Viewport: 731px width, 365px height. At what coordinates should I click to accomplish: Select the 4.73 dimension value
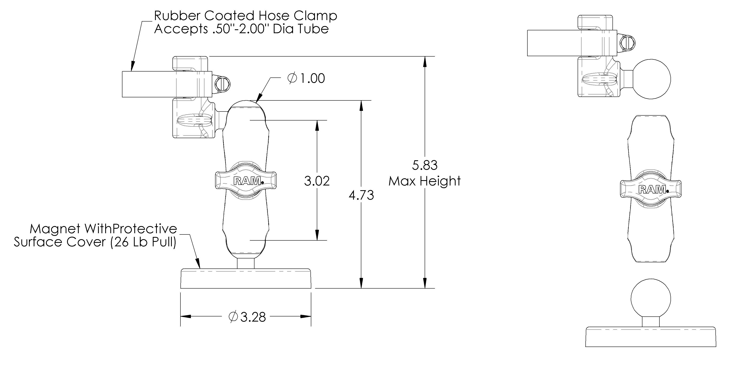[x=361, y=195]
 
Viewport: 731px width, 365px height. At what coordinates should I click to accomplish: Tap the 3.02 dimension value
[x=317, y=181]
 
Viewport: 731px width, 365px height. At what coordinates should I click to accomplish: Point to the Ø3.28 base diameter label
[x=247, y=317]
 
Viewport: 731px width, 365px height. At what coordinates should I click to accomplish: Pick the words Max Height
[x=424, y=181]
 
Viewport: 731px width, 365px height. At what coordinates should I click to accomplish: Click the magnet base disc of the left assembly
[x=246, y=279]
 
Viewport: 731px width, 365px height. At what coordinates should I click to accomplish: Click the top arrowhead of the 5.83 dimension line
[x=424, y=61]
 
